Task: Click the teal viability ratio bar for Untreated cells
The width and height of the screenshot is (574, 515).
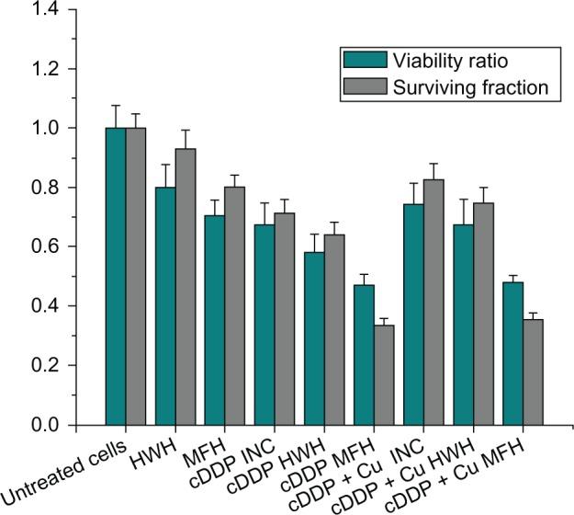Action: [116, 276]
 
